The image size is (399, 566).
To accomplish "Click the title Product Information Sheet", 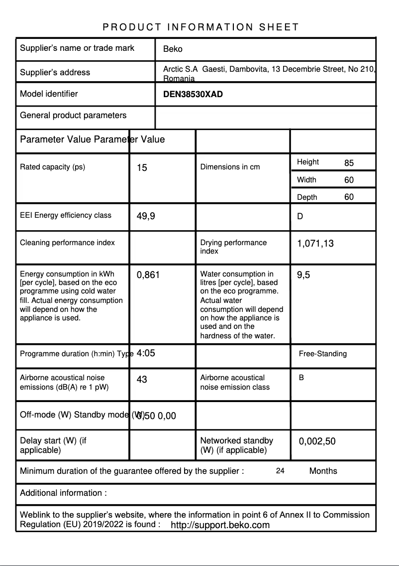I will coord(200,27).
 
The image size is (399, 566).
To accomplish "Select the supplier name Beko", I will coord(173,49).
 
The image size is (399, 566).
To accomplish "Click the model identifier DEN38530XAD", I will coord(193,94).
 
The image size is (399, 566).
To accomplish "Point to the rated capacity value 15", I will coord(142,168).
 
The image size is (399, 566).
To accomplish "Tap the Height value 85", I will coord(349,163).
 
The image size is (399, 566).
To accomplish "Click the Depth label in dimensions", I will coord(307,197).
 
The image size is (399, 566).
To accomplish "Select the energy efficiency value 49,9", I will coord(146,216).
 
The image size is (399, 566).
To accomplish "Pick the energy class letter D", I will coord(300,216).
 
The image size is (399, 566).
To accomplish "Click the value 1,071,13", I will coord(315,244).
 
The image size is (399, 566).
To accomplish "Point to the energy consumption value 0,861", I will coord(148,275).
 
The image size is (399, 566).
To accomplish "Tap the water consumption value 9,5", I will coord(303,275).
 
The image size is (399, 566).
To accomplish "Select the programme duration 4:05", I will coord(146,353).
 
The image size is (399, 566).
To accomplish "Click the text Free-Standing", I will coord(323,354).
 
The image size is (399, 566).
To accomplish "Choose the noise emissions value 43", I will coord(142,380).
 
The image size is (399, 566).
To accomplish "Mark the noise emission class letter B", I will coord(301,378).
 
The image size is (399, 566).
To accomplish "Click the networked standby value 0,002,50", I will coord(317,441).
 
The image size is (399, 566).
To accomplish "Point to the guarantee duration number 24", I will coord(280,471).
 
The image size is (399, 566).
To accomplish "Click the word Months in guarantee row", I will coord(323,471).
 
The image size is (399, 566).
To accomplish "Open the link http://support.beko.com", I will coord(220,525).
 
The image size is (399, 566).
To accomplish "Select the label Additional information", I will coord(63,493).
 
